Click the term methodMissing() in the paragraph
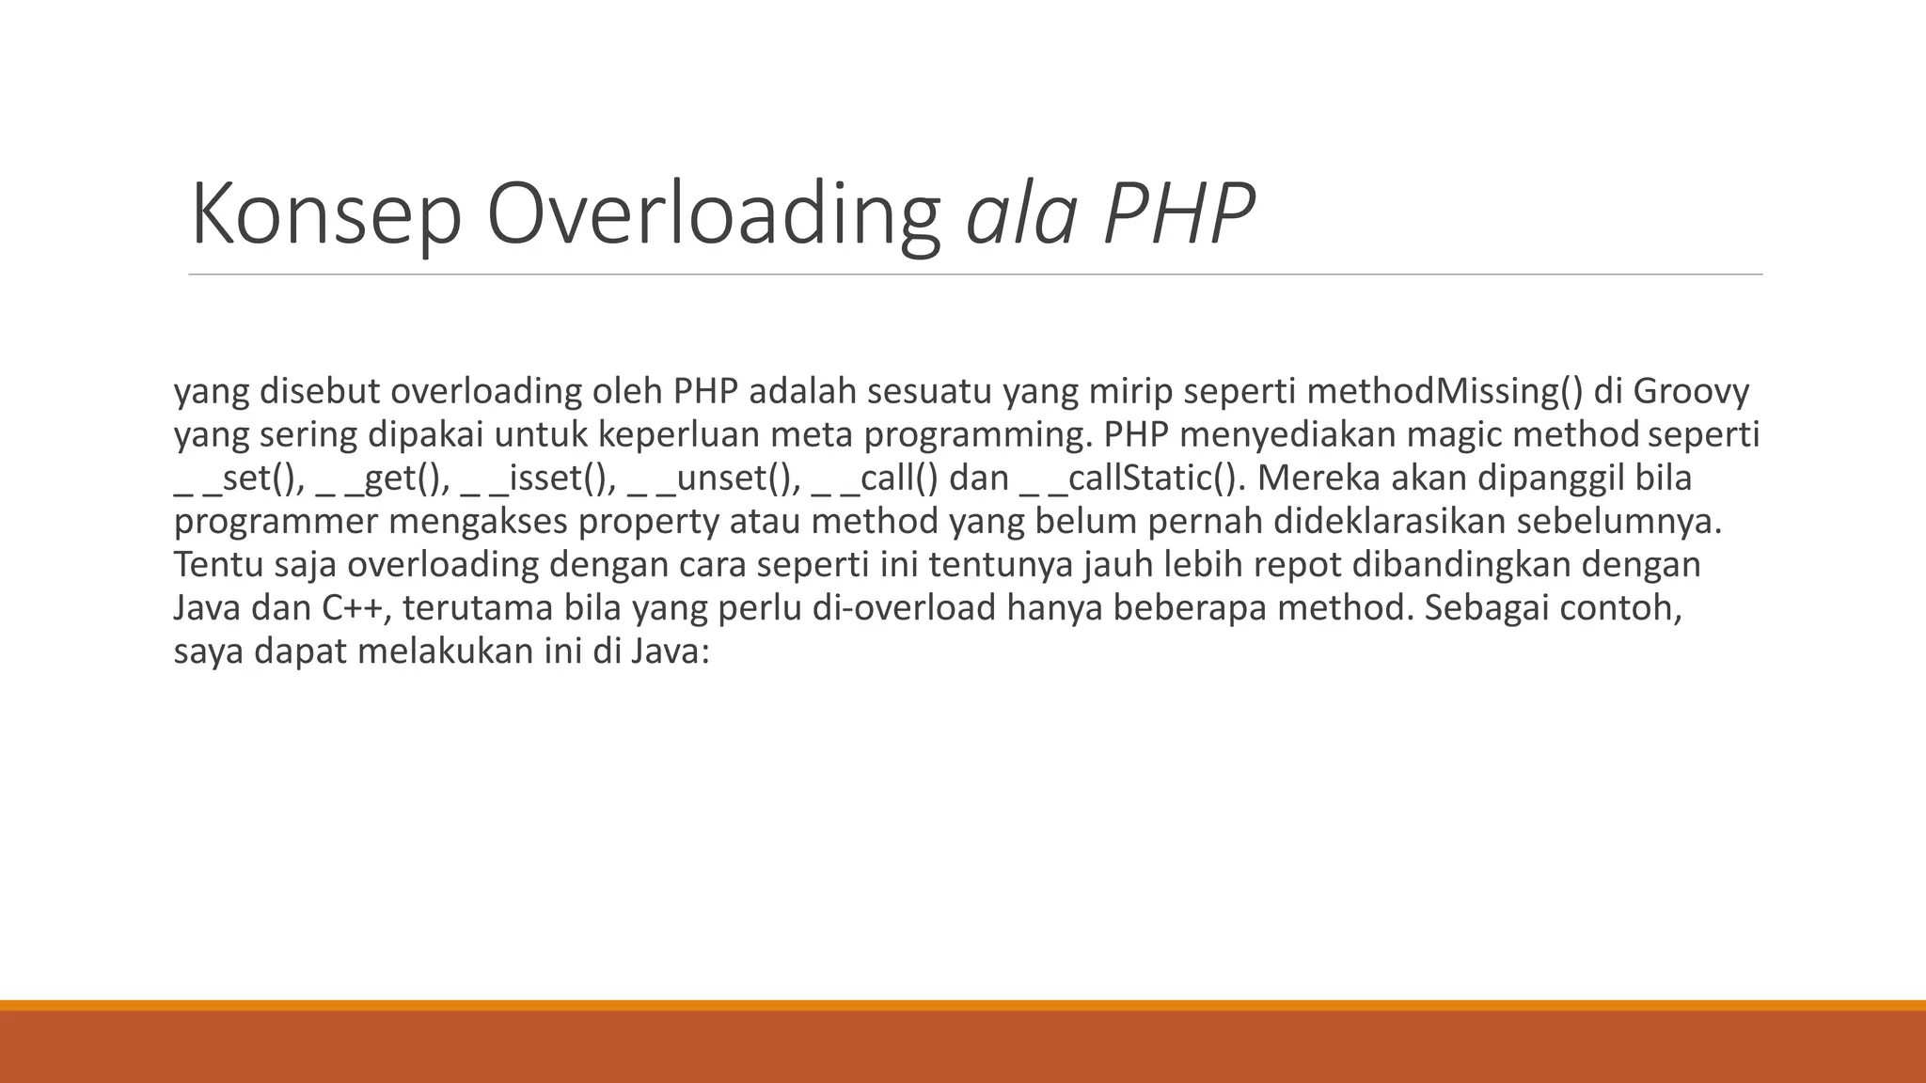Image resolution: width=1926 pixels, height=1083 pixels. click(1445, 391)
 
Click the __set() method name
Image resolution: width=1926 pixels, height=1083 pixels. click(240, 479)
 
